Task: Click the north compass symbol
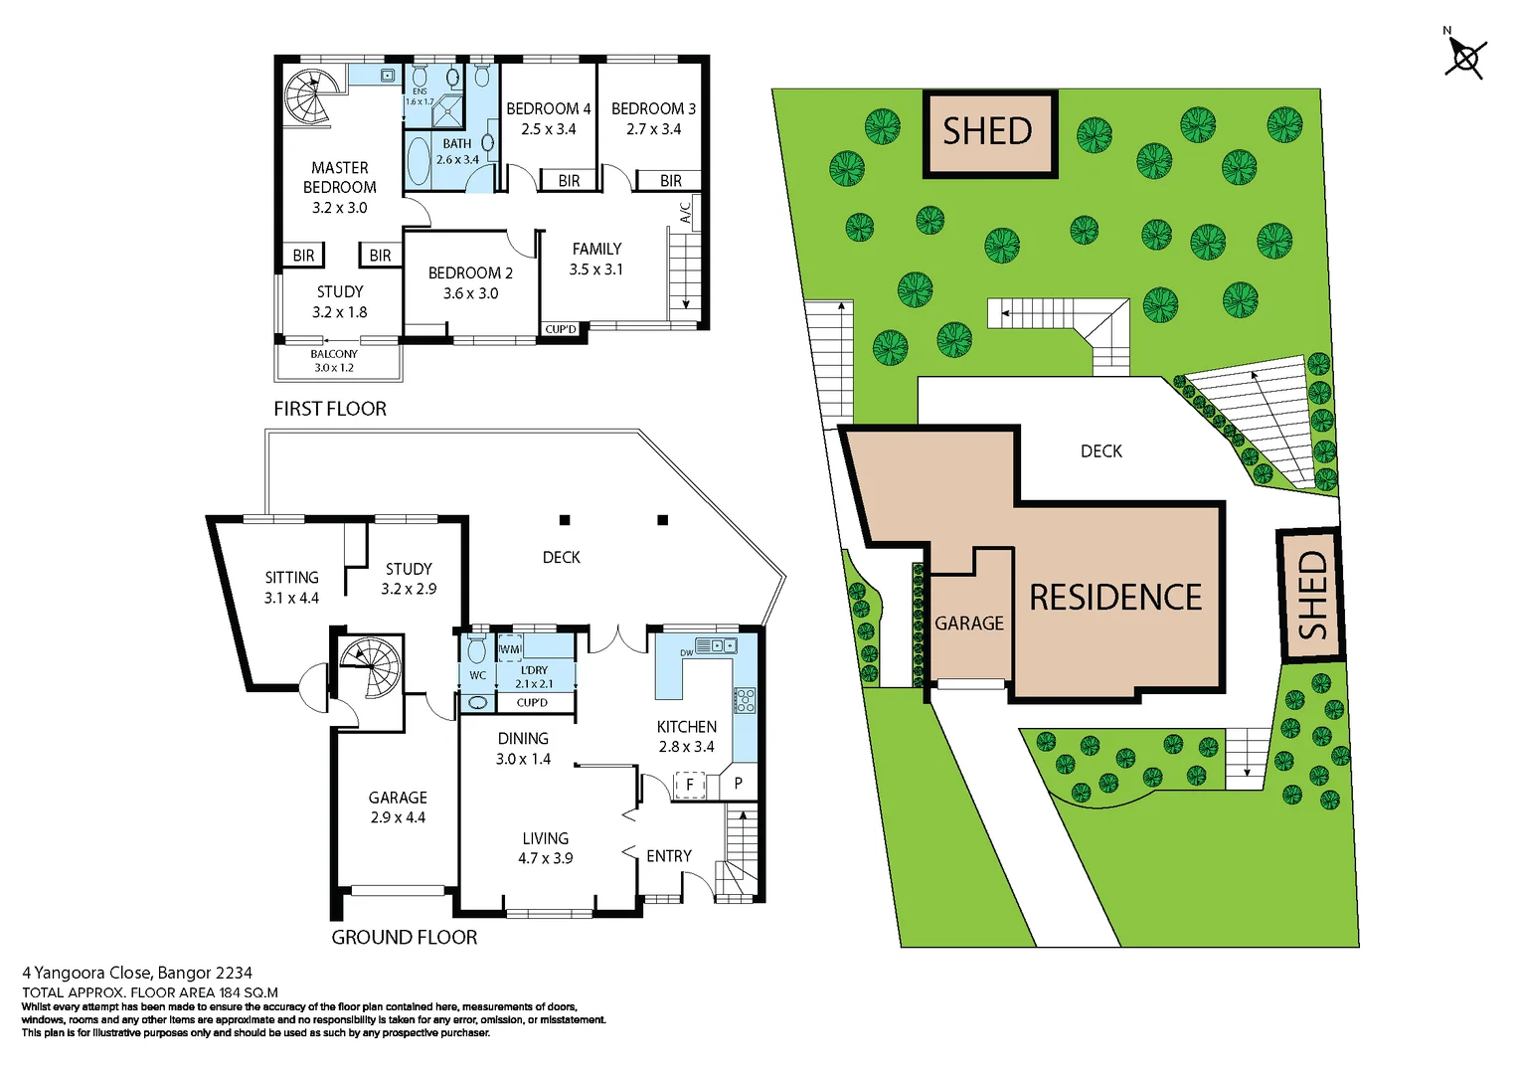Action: pyautogui.click(x=1464, y=57)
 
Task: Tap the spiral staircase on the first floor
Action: pyautogui.click(x=307, y=95)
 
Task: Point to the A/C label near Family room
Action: pyautogui.click(x=685, y=213)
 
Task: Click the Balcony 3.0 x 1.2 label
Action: pyautogui.click(x=334, y=361)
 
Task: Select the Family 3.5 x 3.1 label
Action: pyautogui.click(x=596, y=259)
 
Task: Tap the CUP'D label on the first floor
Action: pyautogui.click(x=561, y=329)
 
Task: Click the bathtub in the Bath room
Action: pyautogui.click(x=419, y=162)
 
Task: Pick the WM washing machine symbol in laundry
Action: pyautogui.click(x=509, y=649)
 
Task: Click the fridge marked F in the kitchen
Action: pyautogui.click(x=689, y=785)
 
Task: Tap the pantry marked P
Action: pyautogui.click(x=738, y=783)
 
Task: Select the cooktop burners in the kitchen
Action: pyautogui.click(x=744, y=700)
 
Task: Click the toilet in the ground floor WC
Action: pyautogui.click(x=477, y=650)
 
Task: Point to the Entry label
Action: pyautogui.click(x=668, y=856)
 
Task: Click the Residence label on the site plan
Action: pyautogui.click(x=1114, y=598)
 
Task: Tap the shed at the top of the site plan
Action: pyautogui.click(x=989, y=133)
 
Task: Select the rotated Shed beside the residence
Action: pyautogui.click(x=1310, y=595)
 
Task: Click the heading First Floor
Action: pyautogui.click(x=330, y=409)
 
